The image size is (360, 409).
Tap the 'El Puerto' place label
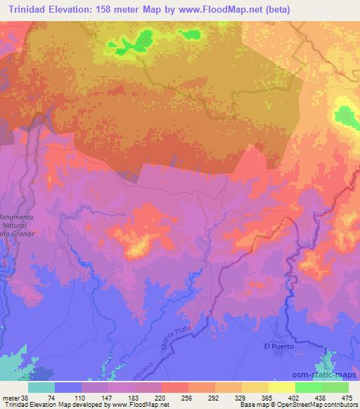[x=278, y=346]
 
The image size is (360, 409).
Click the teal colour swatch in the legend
[x=41, y=388]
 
